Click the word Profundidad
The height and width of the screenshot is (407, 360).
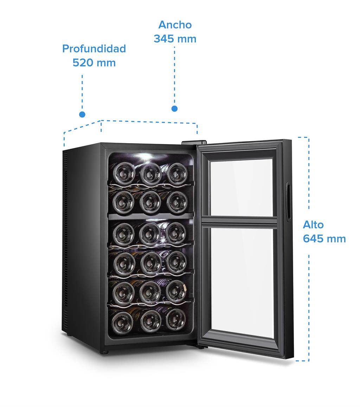(x=94, y=49)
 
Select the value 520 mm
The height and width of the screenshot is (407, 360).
(x=94, y=63)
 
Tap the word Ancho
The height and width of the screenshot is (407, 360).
(x=175, y=25)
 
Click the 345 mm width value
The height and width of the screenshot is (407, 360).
(x=175, y=38)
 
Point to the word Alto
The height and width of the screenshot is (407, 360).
(x=313, y=225)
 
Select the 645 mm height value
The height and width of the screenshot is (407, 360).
(x=324, y=239)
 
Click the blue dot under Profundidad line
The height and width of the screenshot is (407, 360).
(x=82, y=114)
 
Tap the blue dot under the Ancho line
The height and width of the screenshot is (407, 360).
(x=174, y=109)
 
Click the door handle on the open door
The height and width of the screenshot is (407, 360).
(x=289, y=202)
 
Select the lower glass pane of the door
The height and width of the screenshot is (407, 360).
(x=242, y=281)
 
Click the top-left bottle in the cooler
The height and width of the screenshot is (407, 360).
(x=123, y=173)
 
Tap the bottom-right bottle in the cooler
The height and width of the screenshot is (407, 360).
(x=176, y=319)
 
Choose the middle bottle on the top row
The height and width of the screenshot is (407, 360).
(x=150, y=173)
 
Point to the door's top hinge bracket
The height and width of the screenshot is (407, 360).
(x=194, y=142)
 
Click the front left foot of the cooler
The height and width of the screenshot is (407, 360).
(x=105, y=351)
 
